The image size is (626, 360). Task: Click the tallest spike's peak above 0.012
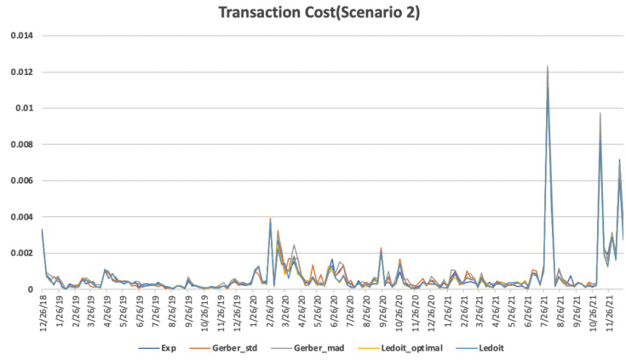548,66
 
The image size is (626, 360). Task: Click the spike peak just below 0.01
600,113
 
